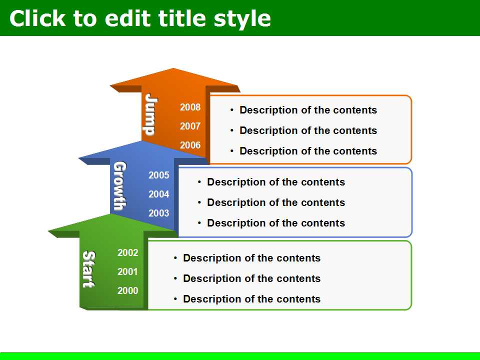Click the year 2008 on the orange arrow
click(x=190, y=107)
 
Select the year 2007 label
click(x=190, y=126)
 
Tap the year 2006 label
click(x=190, y=145)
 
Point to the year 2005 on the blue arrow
click(x=159, y=175)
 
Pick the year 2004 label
click(x=159, y=194)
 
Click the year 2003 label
click(x=159, y=213)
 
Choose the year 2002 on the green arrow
click(x=127, y=252)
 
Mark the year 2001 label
click(x=127, y=271)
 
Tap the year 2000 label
click(x=127, y=290)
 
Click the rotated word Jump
click(x=151, y=114)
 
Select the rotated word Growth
click(x=119, y=186)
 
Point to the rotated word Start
click(x=89, y=269)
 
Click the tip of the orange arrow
click(x=173, y=68)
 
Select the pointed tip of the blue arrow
click(x=141, y=141)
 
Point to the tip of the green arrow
click(x=111, y=214)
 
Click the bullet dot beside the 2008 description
click(x=232, y=110)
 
